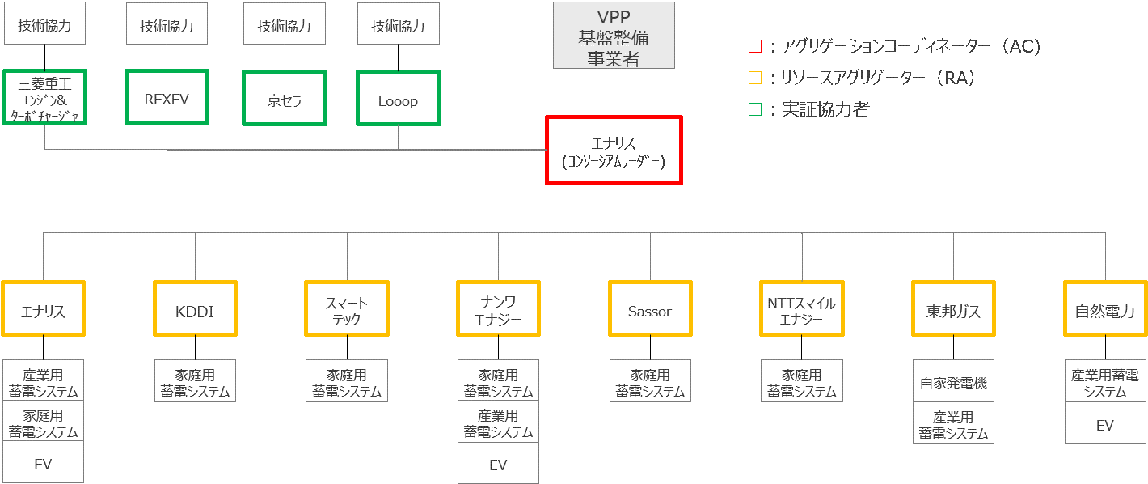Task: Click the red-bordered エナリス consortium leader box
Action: coord(614,151)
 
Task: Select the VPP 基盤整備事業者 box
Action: coord(614,36)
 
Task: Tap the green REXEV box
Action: coord(167,98)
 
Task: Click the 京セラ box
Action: coord(285,98)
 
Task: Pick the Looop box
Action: coord(398,98)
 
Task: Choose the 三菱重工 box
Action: coord(44,98)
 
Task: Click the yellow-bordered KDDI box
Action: coord(195,308)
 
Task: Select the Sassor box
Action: coord(649,308)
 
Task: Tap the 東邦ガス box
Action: coord(953,308)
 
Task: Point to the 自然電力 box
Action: coord(1104,308)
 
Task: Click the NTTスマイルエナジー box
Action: coord(801,308)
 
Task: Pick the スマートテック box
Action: coord(347,308)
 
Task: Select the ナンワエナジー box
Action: coord(498,308)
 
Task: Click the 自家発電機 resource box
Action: coord(953,383)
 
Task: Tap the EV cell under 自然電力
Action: coord(1104,424)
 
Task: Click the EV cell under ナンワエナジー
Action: coord(498,464)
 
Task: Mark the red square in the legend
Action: coord(754,47)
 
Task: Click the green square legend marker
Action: coord(754,109)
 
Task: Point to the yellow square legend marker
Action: coord(754,79)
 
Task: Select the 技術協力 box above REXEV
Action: coord(167,26)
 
